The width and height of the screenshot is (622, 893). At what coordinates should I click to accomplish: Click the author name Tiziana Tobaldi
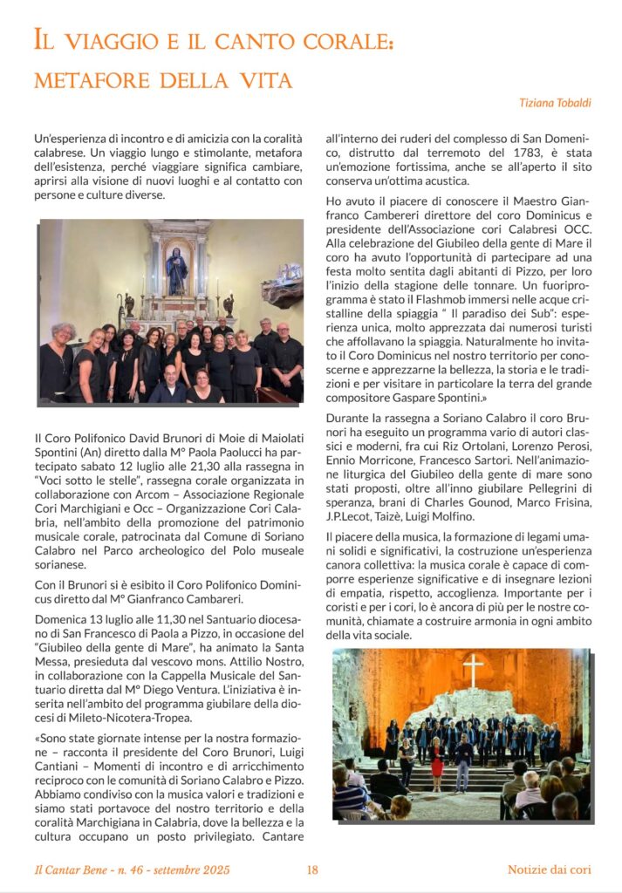(555, 103)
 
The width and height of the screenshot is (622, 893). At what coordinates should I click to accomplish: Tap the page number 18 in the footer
(312, 869)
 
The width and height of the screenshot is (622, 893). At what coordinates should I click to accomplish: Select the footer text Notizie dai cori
(550, 869)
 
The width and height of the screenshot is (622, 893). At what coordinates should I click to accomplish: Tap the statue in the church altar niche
(177, 271)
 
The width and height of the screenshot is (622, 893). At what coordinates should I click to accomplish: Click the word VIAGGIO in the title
(107, 40)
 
